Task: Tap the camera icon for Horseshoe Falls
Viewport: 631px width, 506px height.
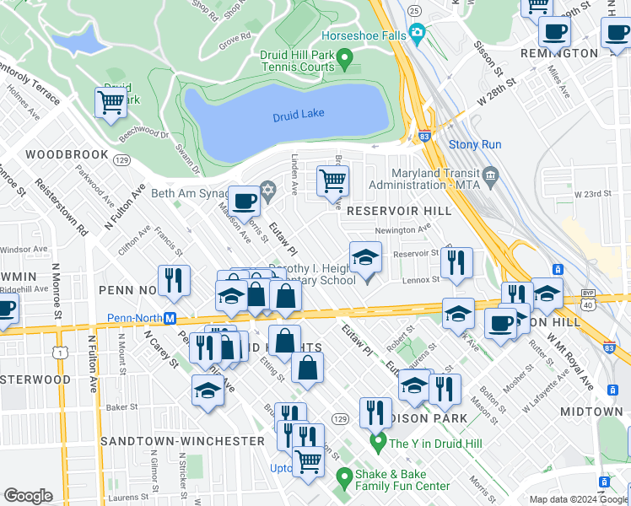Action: point(417,34)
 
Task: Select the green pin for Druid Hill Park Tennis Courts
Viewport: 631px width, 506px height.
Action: point(344,59)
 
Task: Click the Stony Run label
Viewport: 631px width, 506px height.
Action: point(475,145)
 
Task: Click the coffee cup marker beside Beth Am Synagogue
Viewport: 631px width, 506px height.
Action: point(245,202)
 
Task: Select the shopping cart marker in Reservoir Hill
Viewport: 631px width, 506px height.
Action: point(333,180)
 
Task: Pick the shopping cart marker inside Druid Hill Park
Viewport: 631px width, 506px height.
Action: point(111,103)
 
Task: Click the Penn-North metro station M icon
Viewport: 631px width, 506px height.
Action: point(170,319)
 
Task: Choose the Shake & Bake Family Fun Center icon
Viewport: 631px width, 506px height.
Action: point(343,479)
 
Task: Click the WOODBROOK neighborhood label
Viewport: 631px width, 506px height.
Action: point(67,154)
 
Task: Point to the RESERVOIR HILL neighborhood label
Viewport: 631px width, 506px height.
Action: point(394,209)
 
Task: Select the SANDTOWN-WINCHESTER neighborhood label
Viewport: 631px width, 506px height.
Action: point(182,441)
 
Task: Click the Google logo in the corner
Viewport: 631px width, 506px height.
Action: point(28,496)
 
